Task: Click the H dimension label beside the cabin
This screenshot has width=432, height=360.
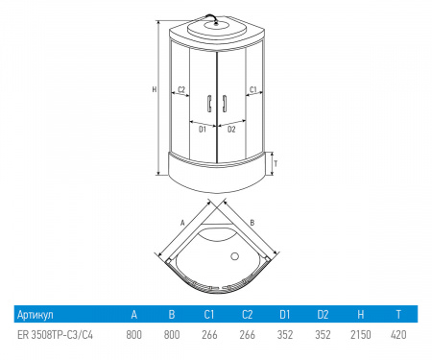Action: [155, 89]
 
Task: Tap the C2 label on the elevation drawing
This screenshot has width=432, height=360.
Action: [181, 89]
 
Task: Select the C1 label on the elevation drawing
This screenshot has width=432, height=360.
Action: [253, 89]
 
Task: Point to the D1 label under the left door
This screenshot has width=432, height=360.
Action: [203, 130]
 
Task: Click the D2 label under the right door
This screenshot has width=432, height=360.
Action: [231, 130]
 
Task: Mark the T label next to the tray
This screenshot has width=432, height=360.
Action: [276, 164]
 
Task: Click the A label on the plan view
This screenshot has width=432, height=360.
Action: [182, 223]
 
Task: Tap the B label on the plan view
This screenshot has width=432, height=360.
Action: [252, 223]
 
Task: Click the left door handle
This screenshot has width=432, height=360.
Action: [209, 104]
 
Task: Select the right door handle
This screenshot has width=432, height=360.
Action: [225, 104]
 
